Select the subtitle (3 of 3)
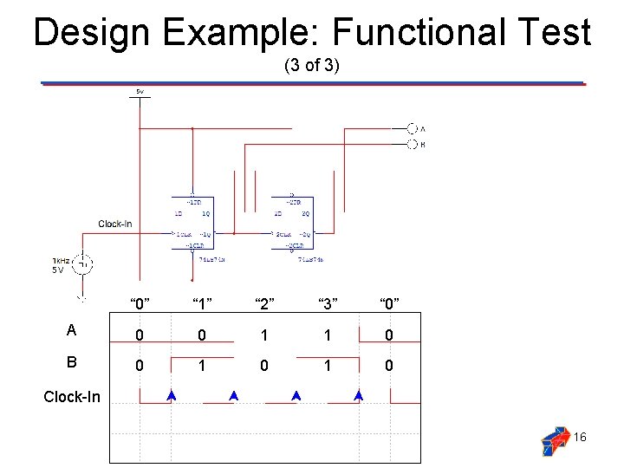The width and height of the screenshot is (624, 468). (x=312, y=66)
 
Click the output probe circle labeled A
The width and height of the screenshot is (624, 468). (x=412, y=128)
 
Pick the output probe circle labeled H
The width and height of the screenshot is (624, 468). (x=412, y=145)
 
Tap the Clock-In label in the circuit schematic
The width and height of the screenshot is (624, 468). (x=115, y=224)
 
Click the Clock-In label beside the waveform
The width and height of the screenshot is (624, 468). (x=72, y=398)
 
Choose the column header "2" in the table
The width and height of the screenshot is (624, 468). (x=263, y=303)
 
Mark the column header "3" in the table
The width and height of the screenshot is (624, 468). (x=326, y=303)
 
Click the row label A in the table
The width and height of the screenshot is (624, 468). (x=72, y=330)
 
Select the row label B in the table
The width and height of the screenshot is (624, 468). (x=72, y=364)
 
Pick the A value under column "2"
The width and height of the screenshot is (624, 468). (x=263, y=335)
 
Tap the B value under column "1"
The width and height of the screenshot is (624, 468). (x=201, y=366)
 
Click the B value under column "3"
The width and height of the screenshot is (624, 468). (x=326, y=366)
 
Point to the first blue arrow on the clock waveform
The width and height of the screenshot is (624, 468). (x=172, y=395)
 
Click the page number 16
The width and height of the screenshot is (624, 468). (x=580, y=437)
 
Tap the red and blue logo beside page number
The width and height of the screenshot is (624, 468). (x=555, y=440)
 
